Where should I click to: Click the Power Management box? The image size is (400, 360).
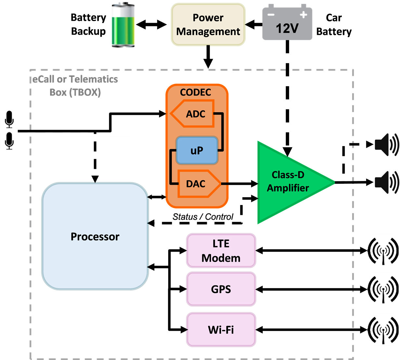[x=208, y=25]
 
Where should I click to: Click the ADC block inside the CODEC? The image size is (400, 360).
[x=195, y=114]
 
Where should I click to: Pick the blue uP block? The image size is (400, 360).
[x=197, y=150]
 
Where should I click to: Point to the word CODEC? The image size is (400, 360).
[x=195, y=92]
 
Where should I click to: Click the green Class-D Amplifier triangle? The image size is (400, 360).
[x=286, y=182]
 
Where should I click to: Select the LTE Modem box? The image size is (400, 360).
[x=221, y=251]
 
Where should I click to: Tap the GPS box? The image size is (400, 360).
[x=221, y=289]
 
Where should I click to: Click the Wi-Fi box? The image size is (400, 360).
[x=221, y=330]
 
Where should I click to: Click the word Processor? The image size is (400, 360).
[x=95, y=237]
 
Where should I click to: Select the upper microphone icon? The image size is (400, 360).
[x=9, y=119]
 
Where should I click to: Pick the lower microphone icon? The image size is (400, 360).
[x=9, y=141]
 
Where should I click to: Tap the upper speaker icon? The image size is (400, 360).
[x=386, y=144]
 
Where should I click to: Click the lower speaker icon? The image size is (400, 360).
[x=386, y=182]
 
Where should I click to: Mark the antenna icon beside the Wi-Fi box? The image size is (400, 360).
[x=383, y=330]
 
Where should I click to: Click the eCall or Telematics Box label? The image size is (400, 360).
[x=75, y=86]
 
